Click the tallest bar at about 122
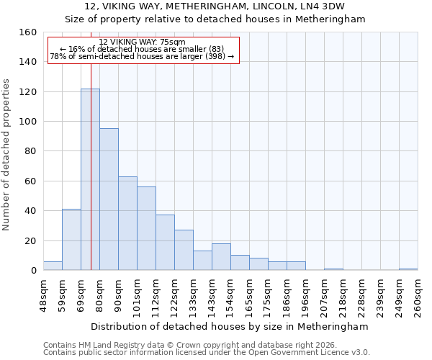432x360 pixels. (x=90, y=180)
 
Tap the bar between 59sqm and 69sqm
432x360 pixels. (x=71, y=240)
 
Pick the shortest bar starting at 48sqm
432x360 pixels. (x=53, y=266)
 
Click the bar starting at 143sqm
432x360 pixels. (x=221, y=257)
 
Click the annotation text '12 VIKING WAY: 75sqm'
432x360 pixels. (x=142, y=42)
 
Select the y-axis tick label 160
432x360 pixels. (x=27, y=32)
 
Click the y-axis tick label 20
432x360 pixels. (x=30, y=240)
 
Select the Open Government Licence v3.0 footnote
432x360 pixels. (x=207, y=352)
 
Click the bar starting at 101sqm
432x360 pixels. (x=146, y=228)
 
